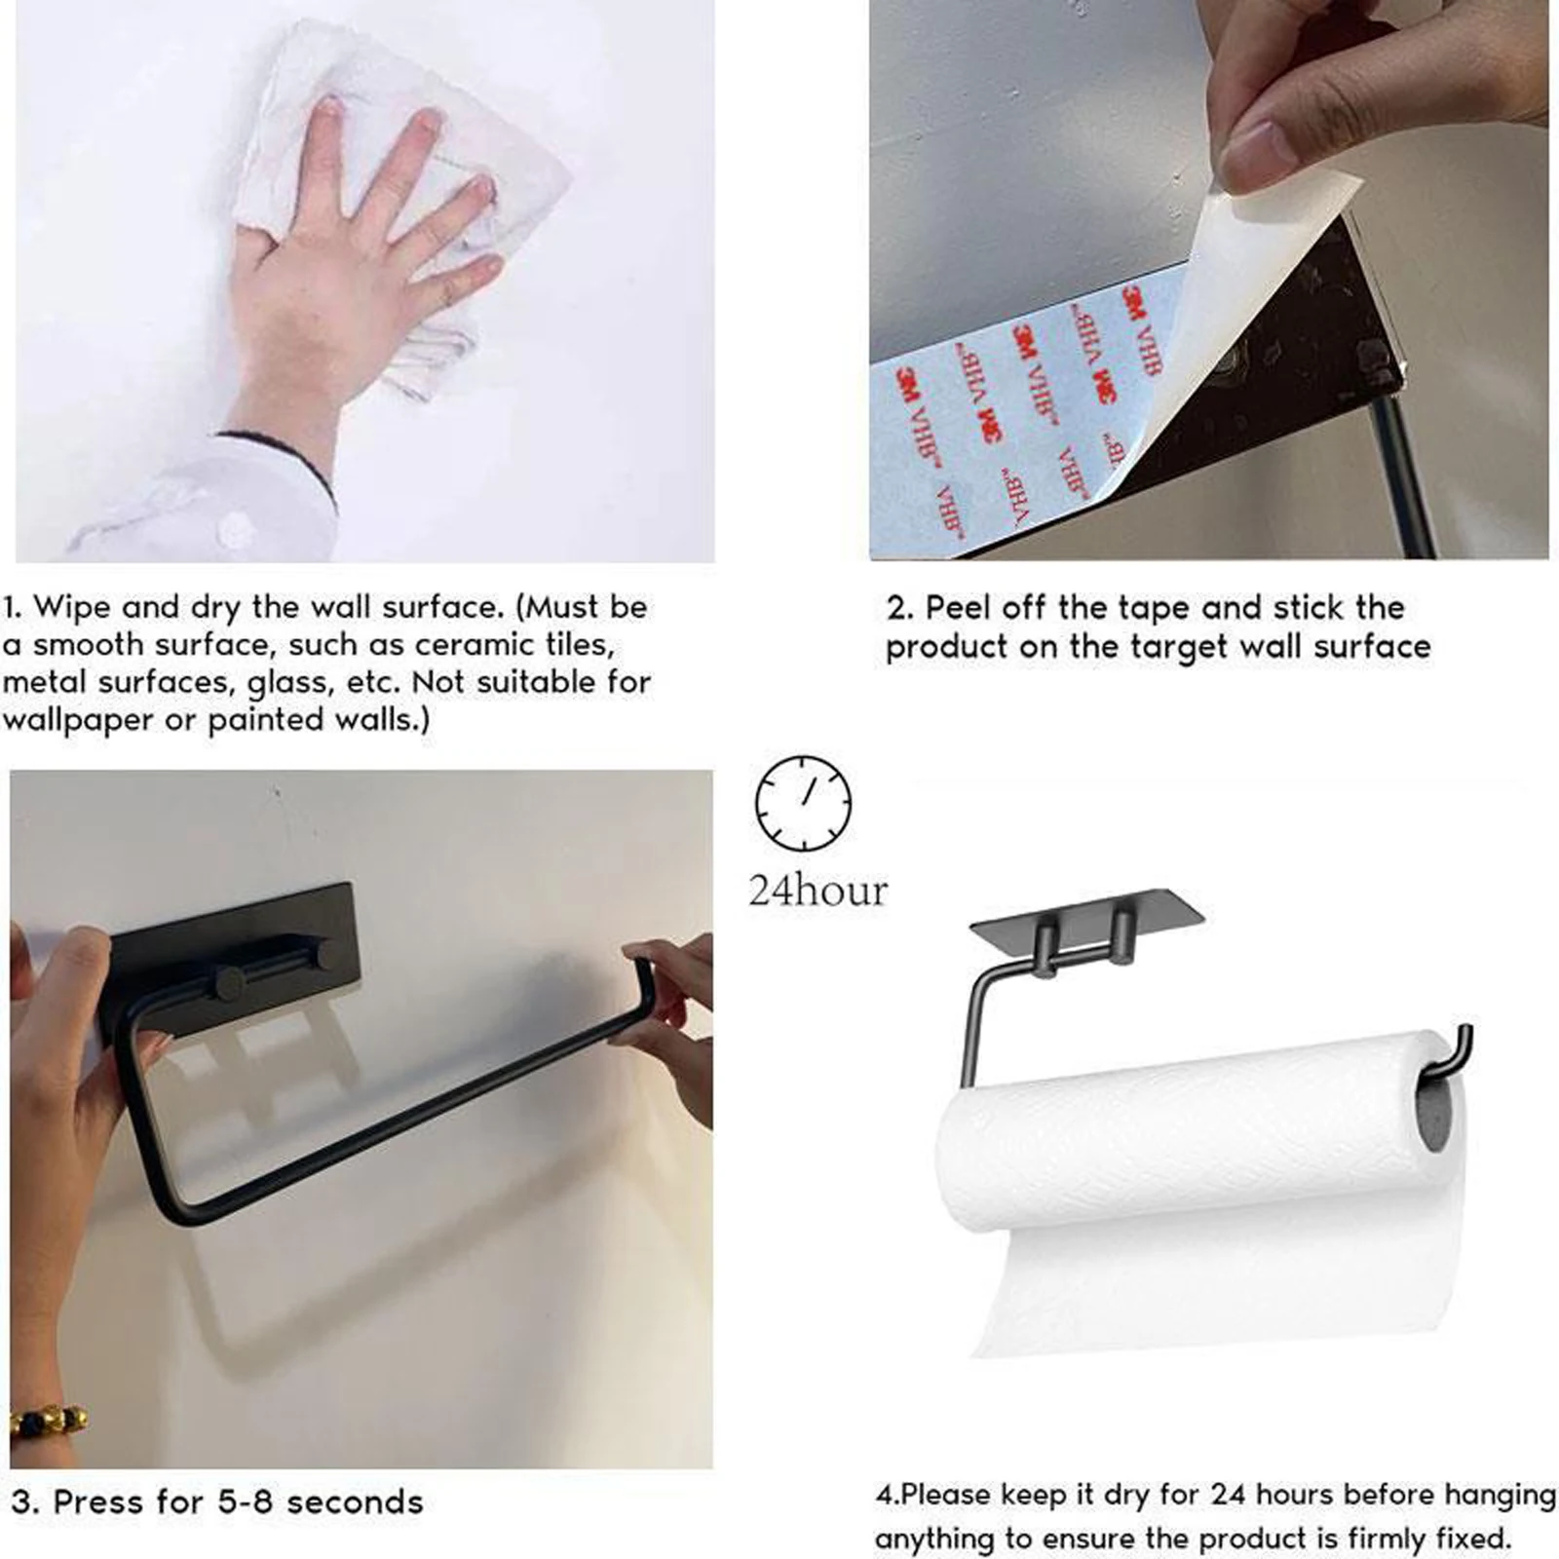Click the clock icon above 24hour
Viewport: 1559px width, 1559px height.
[x=803, y=802]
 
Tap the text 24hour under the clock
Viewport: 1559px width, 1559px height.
[x=818, y=891]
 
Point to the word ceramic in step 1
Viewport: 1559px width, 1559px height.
[x=474, y=645]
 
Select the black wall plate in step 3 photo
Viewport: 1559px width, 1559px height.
[x=234, y=935]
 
